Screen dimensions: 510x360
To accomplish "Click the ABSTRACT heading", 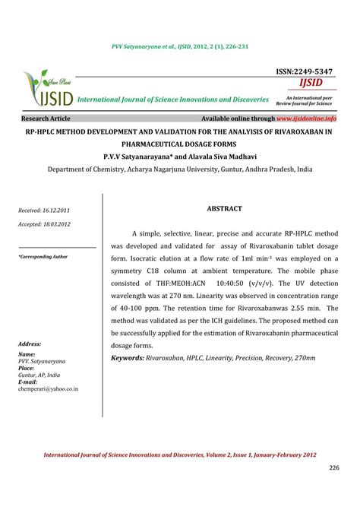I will pos(224,208).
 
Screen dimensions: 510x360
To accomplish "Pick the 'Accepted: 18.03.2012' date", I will pos(45,224).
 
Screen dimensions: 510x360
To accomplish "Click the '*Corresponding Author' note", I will pos(43,257).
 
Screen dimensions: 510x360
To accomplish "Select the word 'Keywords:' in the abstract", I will pos(131,357).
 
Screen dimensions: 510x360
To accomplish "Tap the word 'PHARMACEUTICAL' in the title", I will pos(180,143).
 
